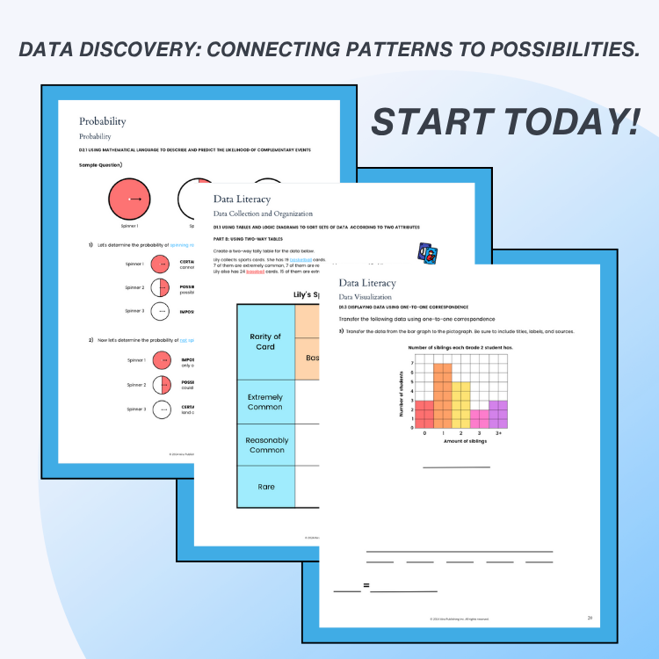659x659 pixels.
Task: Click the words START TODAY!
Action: point(504,121)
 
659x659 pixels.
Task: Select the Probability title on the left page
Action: point(103,121)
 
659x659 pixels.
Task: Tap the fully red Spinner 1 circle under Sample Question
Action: point(129,199)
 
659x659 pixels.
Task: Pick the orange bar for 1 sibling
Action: point(444,395)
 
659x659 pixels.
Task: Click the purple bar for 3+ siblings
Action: point(498,415)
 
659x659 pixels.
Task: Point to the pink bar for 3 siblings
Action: point(480,419)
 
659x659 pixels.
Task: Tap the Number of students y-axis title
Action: point(402,391)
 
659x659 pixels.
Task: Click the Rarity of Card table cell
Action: point(265,341)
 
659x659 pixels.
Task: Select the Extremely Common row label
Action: point(265,402)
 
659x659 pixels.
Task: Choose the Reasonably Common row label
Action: point(265,445)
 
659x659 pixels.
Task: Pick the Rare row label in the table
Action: point(265,486)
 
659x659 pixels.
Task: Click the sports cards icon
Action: point(428,253)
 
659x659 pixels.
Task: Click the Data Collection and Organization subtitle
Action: point(263,214)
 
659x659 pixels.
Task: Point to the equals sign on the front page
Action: point(366,585)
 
